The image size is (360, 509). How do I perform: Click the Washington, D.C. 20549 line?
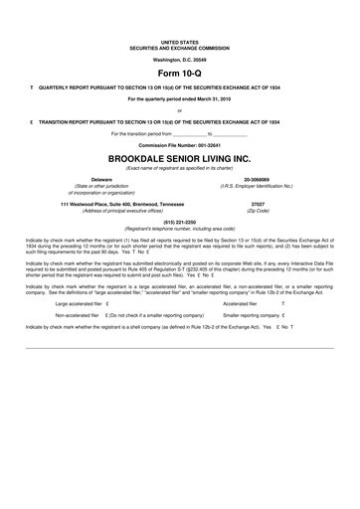pyautogui.click(x=180, y=60)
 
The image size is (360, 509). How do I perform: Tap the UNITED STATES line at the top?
pyautogui.click(x=180, y=43)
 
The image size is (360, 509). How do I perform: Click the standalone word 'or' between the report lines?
pyautogui.click(x=180, y=110)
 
